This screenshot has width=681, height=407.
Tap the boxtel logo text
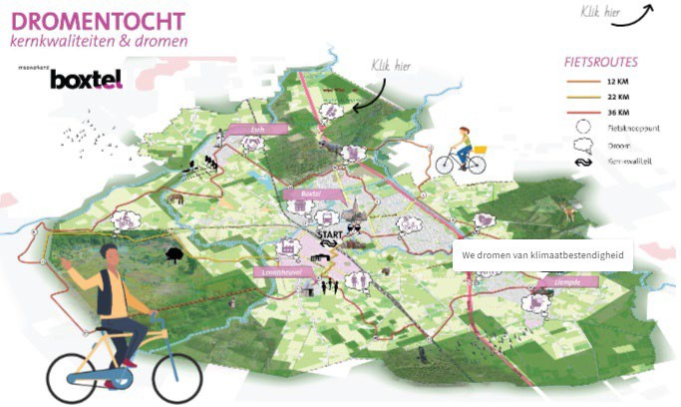point(88,78)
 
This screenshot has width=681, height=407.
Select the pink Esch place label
point(254,129)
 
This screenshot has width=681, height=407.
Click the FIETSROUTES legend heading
point(601,61)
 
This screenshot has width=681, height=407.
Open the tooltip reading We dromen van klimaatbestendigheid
point(542,255)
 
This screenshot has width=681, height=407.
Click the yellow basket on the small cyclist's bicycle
point(481,150)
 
